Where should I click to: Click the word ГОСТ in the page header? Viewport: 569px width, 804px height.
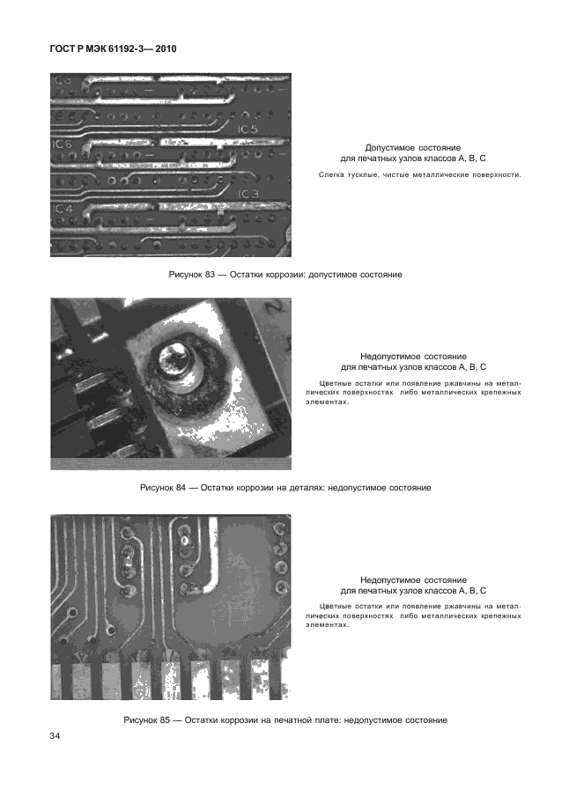[x=62, y=49]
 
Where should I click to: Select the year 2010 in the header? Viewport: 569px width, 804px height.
[x=166, y=49]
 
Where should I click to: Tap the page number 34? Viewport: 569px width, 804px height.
[x=55, y=736]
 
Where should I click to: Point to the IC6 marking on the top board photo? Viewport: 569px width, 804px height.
[x=62, y=144]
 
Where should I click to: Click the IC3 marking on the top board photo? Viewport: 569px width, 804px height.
[x=249, y=194]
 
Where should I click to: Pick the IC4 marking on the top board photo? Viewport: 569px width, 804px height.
[x=63, y=210]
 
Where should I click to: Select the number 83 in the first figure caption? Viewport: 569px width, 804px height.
[x=210, y=275]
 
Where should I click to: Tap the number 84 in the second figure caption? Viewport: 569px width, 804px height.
[x=181, y=488]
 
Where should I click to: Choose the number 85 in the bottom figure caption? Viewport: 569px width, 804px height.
[x=164, y=720]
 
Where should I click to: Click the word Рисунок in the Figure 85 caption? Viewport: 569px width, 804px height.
[x=139, y=720]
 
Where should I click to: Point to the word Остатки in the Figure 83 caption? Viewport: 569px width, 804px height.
[x=246, y=275]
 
